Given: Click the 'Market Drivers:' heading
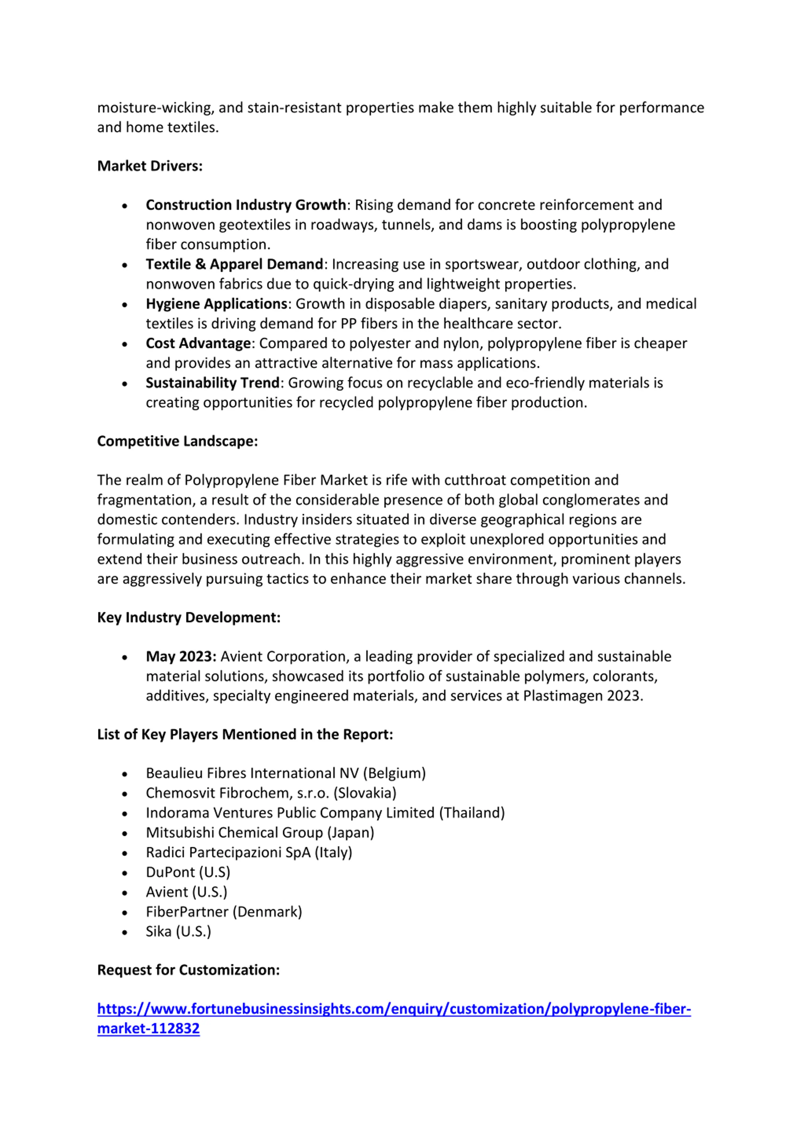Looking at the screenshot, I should click(x=149, y=166).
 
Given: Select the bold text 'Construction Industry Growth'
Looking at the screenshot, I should click(x=245, y=205).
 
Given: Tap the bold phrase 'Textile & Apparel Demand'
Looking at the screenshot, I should click(x=234, y=264).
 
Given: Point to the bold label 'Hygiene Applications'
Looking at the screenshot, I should click(x=216, y=304).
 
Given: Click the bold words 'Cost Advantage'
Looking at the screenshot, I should click(x=198, y=343).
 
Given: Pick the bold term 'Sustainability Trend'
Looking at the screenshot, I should click(x=213, y=383).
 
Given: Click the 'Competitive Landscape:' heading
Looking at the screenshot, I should click(x=177, y=441).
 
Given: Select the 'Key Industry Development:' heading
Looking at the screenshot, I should click(x=189, y=618).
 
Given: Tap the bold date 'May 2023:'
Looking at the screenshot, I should click(x=181, y=657).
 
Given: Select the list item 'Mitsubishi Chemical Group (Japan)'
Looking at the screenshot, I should click(x=260, y=833).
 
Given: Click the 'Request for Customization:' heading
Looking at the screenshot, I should click(x=188, y=970).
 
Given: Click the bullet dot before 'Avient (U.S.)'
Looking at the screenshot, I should click(x=124, y=893).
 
